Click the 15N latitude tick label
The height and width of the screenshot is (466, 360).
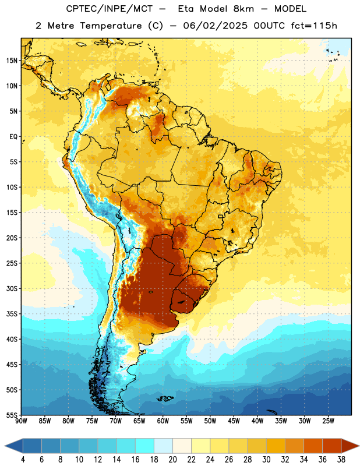[12, 61]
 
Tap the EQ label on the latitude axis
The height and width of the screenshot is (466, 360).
[13, 137]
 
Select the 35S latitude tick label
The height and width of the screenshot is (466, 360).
[12, 314]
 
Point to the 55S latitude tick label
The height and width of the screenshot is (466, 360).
[12, 415]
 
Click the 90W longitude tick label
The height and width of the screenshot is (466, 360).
[21, 421]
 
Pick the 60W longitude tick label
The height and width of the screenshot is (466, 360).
[163, 421]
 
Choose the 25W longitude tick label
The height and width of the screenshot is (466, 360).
[328, 421]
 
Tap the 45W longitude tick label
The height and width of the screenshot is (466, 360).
[234, 421]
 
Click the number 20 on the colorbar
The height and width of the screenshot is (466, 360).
[172, 460]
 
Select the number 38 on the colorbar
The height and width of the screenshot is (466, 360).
[341, 460]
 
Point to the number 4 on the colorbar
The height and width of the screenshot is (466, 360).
[23, 460]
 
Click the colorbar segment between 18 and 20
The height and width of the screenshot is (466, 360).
[163, 446]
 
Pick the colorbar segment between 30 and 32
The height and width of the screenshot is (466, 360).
[276, 446]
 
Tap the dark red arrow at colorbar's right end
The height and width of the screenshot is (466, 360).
[350, 446]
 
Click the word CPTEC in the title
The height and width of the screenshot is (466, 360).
[77, 9]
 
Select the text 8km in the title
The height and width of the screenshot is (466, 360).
[243, 9]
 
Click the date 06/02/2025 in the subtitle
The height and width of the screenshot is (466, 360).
[215, 26]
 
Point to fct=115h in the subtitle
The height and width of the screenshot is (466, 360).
[314, 26]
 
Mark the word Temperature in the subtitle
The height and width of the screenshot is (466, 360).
[111, 26]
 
